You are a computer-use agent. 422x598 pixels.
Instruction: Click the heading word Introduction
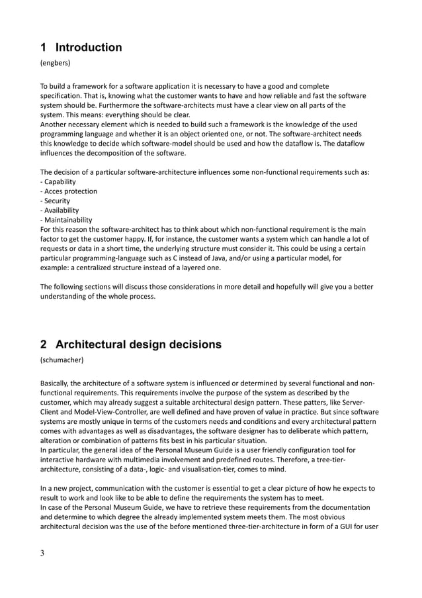[89, 47]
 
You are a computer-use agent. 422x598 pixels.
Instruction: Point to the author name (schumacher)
[63, 363]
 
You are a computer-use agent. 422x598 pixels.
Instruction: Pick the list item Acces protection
[70, 191]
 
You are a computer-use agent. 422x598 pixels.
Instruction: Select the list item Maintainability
[67, 220]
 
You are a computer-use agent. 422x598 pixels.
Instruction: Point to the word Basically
[57, 383]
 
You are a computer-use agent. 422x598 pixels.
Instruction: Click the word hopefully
[285, 287]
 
